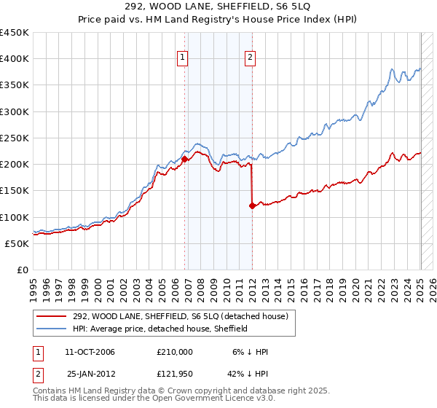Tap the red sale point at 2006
point(184,158)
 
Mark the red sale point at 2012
point(252,205)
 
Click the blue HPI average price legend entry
point(160,329)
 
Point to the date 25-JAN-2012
point(90,374)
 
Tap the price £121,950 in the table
point(175,374)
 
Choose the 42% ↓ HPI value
point(245,374)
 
